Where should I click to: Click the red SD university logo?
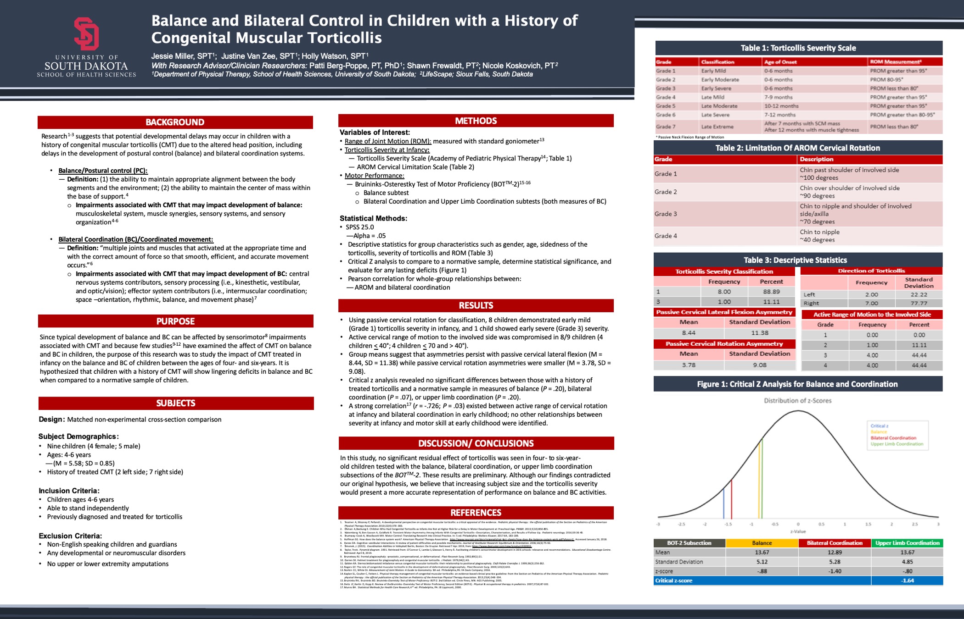coord(86,33)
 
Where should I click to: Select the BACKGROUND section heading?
coord(175,122)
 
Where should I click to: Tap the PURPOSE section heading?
coord(175,321)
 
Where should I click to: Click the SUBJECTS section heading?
coord(176,403)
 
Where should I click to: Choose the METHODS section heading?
coord(476,121)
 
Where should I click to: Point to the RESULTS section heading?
coord(476,305)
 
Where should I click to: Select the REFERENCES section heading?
coord(476,513)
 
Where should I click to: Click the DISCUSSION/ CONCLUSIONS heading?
coord(476,443)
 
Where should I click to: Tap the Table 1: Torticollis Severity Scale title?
coord(798,48)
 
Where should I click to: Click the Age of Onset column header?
coord(780,62)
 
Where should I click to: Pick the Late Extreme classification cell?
coord(717,127)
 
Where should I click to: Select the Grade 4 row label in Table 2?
coord(666,236)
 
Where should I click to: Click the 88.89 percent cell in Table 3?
coord(771,292)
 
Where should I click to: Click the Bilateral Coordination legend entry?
coord(893,438)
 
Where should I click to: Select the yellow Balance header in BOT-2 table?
coord(762,543)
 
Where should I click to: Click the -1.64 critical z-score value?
coord(907,580)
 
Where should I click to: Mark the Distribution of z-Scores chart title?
coord(797,400)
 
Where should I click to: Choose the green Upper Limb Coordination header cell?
coord(907,543)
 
